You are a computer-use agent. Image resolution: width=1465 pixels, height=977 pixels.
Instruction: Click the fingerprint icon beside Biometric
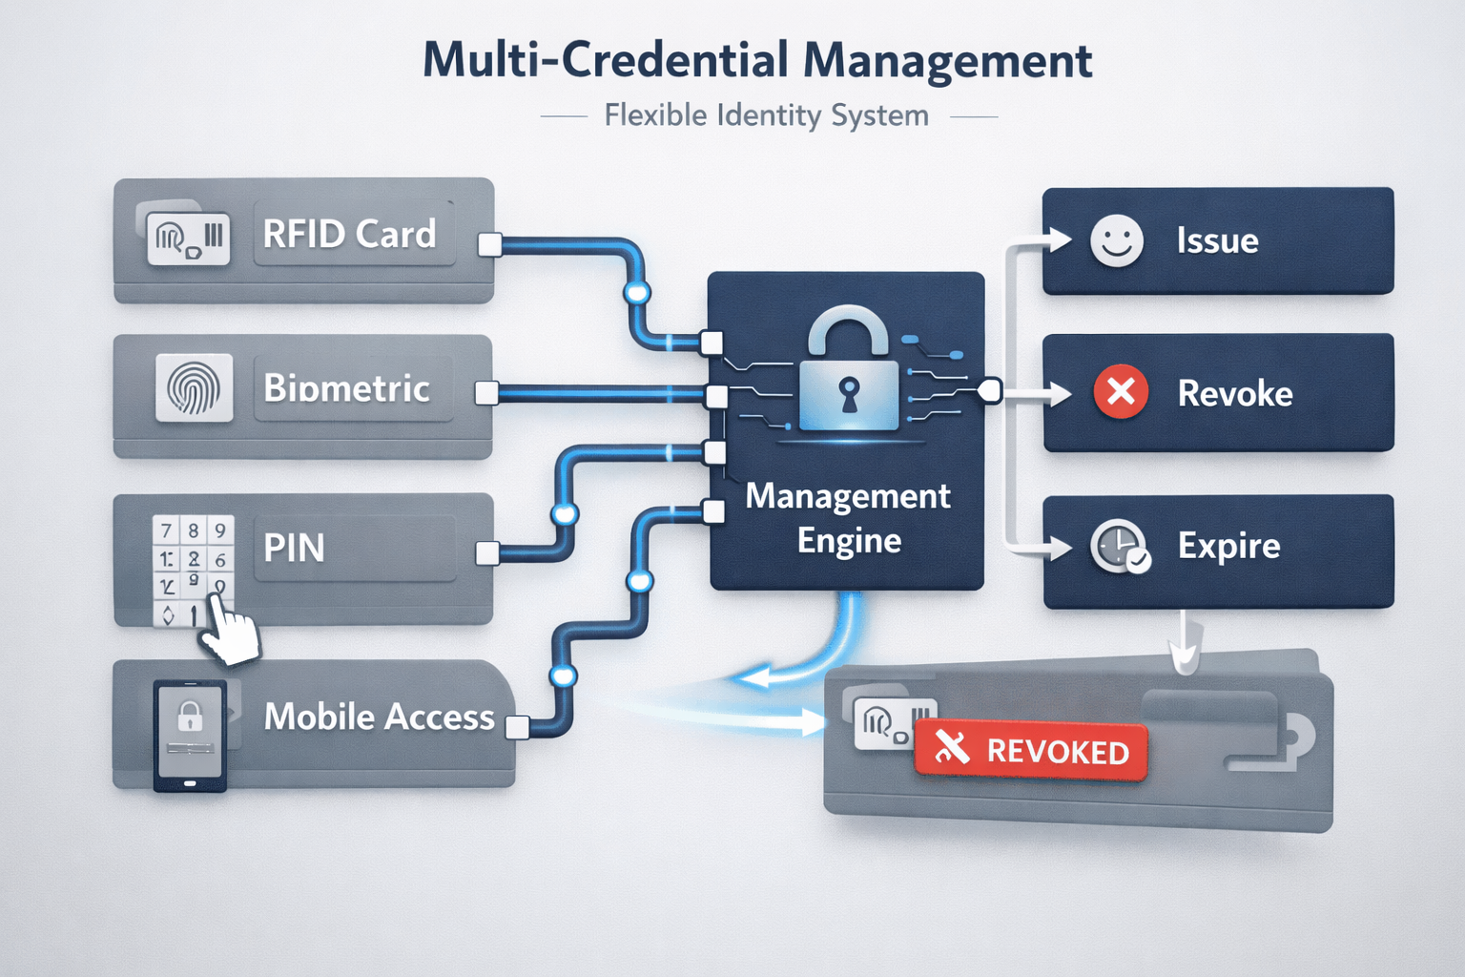pyautogui.click(x=194, y=388)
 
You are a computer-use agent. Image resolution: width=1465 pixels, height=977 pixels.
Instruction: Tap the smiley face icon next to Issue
pyautogui.click(x=1116, y=240)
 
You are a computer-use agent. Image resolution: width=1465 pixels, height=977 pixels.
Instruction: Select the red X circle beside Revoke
pyautogui.click(x=1121, y=392)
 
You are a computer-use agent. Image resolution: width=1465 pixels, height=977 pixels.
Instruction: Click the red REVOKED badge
pyautogui.click(x=1030, y=751)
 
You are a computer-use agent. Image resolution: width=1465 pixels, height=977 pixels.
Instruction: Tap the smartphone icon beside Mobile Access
pyautogui.click(x=190, y=735)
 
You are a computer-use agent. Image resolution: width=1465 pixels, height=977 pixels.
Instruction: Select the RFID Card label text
pyautogui.click(x=349, y=234)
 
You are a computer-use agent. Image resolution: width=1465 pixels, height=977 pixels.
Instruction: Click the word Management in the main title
pyautogui.click(x=946, y=61)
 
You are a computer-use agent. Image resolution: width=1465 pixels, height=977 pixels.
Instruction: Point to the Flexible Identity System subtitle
pyautogui.click(x=766, y=116)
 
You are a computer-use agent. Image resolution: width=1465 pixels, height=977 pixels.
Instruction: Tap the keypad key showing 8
pyautogui.click(x=193, y=530)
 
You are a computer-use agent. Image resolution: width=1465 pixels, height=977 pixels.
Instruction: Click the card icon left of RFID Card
pyautogui.click(x=188, y=238)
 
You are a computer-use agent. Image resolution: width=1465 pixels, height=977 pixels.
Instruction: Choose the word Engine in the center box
pyautogui.click(x=849, y=541)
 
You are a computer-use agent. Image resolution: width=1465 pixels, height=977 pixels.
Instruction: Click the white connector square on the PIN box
pyautogui.click(x=487, y=552)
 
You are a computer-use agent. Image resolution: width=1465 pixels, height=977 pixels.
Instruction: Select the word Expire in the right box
pyautogui.click(x=1228, y=546)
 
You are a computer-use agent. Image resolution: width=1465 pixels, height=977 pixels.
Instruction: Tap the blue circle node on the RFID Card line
pyautogui.click(x=636, y=292)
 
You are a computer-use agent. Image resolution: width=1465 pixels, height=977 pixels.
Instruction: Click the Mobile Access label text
pyautogui.click(x=379, y=717)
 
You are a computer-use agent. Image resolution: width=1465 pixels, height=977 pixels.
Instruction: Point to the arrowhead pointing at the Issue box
pyautogui.click(x=1058, y=239)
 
